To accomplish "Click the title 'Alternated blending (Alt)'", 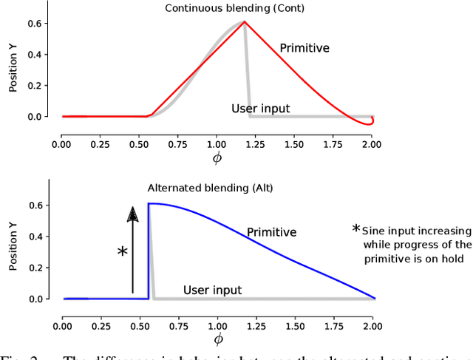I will pyautogui.click(x=210, y=189).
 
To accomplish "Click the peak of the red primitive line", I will pyautogui.click(x=245, y=21).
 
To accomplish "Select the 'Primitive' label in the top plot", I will pyautogui.click(x=304, y=49).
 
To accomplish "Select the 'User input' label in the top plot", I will pyautogui.click(x=261, y=109).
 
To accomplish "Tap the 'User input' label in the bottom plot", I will pyautogui.click(x=212, y=290).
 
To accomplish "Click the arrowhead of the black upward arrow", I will pyautogui.click(x=132, y=214).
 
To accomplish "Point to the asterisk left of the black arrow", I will pyautogui.click(x=122, y=252).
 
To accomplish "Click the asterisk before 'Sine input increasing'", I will pyautogui.click(x=356, y=229).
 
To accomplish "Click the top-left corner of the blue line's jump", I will pyautogui.click(x=149, y=204).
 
